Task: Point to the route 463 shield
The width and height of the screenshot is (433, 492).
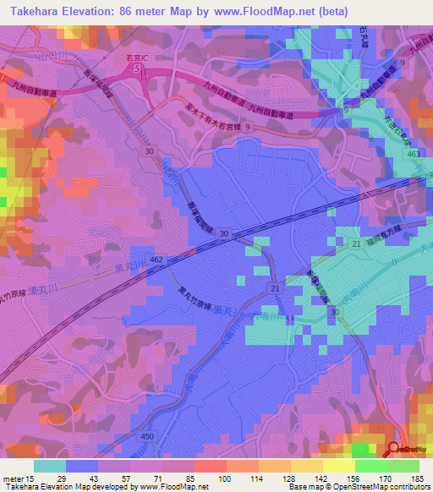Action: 412,156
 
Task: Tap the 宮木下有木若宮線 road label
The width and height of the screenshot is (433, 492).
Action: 222,114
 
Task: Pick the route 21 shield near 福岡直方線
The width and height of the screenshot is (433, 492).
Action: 357,243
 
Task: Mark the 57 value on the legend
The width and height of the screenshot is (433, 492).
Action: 111,479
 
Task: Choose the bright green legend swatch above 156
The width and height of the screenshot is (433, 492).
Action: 370,466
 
